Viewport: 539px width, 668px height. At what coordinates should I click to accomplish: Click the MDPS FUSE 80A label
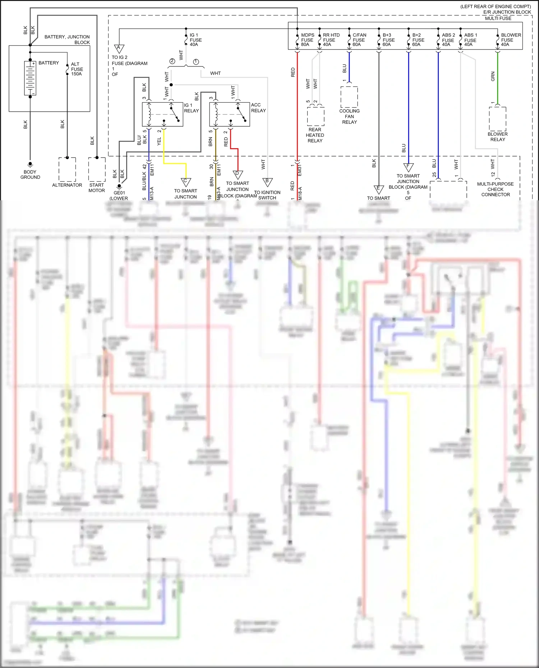pyautogui.click(x=307, y=40)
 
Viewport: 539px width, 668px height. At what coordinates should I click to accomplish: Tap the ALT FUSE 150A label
pyautogui.click(x=77, y=69)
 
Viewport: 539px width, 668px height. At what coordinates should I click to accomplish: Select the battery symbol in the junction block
pyautogui.click(x=30, y=78)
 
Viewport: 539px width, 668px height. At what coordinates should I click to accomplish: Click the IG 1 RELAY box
pyautogui.click(x=162, y=114)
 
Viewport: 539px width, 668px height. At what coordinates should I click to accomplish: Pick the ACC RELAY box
pyautogui.click(x=230, y=114)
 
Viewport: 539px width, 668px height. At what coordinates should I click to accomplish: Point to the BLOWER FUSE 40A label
pyautogui.click(x=511, y=40)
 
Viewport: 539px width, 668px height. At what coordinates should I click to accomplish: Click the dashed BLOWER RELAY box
pyautogui.click(x=498, y=119)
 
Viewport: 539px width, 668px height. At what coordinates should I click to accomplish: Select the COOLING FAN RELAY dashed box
pyautogui.click(x=349, y=97)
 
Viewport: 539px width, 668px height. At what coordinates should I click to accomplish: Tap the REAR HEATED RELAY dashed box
pyautogui.click(x=315, y=116)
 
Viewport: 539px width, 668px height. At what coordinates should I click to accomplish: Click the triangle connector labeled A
pyautogui.click(x=119, y=48)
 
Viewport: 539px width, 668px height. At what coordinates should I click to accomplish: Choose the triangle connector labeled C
pyautogui.click(x=186, y=182)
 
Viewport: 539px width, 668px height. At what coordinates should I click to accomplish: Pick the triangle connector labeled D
pyautogui.click(x=238, y=174)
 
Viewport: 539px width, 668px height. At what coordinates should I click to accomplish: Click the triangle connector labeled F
pyautogui.click(x=408, y=167)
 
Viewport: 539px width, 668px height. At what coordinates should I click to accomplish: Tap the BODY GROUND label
pyautogui.click(x=30, y=174)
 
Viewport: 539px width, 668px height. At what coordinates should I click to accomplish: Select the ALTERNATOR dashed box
pyautogui.click(x=67, y=169)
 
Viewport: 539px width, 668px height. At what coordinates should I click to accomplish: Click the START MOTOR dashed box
pyautogui.click(x=97, y=169)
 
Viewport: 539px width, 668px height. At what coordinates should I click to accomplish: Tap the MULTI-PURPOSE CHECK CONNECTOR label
pyautogui.click(x=496, y=189)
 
